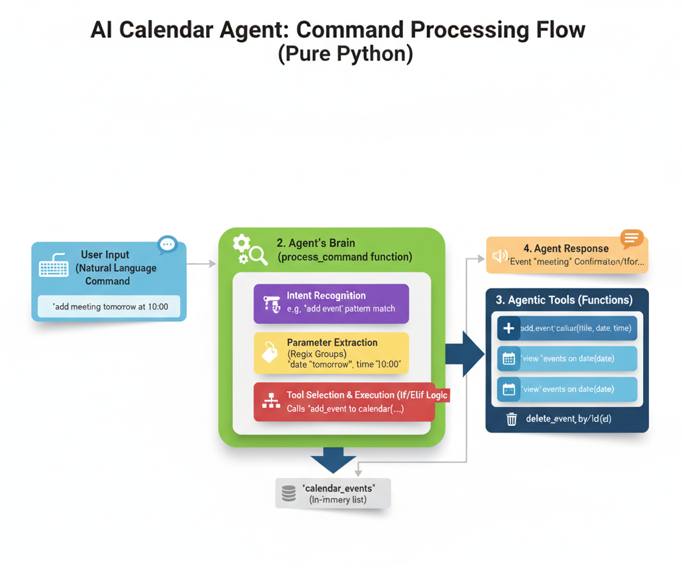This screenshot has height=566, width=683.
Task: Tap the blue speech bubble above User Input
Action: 167,244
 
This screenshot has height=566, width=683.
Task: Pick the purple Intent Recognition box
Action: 331,303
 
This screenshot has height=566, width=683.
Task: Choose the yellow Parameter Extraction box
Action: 331,352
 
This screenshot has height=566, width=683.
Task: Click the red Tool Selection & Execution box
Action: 344,402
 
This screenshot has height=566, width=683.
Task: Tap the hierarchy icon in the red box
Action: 271,400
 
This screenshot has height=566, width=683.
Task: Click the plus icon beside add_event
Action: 508,328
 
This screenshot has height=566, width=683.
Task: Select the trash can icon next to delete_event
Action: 512,418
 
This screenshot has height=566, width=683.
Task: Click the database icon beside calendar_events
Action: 289,493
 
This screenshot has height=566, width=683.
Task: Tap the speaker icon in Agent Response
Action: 500,256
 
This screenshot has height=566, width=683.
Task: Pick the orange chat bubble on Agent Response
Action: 631,238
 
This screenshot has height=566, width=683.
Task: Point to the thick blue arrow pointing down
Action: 333,460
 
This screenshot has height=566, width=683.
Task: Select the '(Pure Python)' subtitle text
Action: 345,53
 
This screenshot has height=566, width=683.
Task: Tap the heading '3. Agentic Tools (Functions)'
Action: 564,300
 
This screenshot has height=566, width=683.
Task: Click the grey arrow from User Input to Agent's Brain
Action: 201,264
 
